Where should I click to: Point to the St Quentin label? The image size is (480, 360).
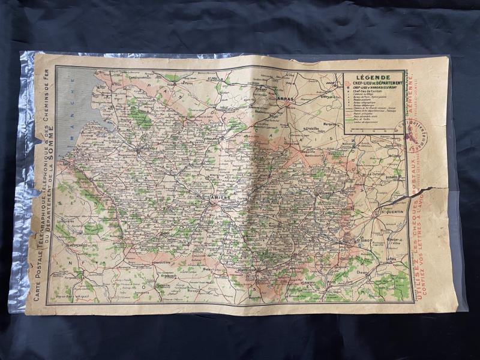(388, 211)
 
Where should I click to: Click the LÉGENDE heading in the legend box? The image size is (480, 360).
(373, 77)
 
